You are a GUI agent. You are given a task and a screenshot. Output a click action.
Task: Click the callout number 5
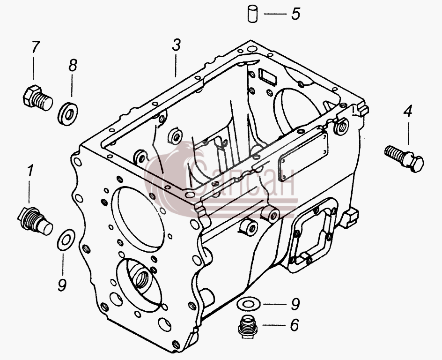tap(295, 14)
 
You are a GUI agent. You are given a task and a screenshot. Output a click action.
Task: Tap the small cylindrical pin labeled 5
tap(252, 14)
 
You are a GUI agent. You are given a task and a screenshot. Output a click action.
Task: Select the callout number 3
tap(176, 45)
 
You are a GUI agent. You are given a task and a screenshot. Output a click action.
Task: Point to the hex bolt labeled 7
tap(37, 97)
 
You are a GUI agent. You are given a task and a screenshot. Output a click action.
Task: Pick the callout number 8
tap(73, 66)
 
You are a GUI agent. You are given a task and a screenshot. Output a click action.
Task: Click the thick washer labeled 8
tap(68, 114)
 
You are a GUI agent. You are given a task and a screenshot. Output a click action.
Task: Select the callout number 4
tap(408, 111)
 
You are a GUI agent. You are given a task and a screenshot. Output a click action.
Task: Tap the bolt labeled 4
tap(404, 158)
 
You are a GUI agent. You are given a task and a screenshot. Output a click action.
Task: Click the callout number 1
tap(29, 171)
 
